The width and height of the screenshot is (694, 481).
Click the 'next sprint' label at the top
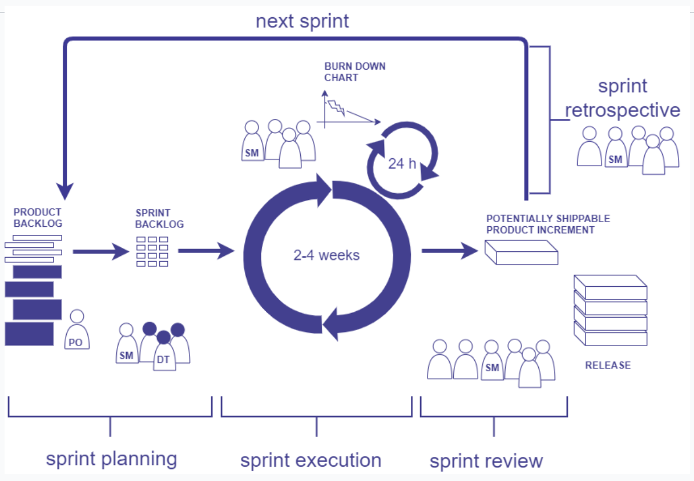click(x=302, y=22)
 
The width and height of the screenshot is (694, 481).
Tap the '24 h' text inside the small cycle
click(x=402, y=163)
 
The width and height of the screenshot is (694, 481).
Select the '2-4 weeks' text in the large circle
click(x=326, y=255)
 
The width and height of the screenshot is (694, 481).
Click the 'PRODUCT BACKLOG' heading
click(x=38, y=218)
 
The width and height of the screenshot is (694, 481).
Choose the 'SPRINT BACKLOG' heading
click(x=159, y=219)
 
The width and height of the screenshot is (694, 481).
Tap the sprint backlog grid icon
click(x=152, y=251)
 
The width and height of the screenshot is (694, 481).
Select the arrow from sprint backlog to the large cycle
click(x=206, y=251)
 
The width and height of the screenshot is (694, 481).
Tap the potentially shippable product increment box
click(x=521, y=252)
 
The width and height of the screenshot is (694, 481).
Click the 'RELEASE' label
click(x=608, y=365)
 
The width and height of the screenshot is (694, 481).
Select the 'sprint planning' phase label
click(x=111, y=459)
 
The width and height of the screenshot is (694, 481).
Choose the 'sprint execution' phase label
click(x=310, y=460)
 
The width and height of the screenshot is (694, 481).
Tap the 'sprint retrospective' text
click(x=623, y=98)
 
